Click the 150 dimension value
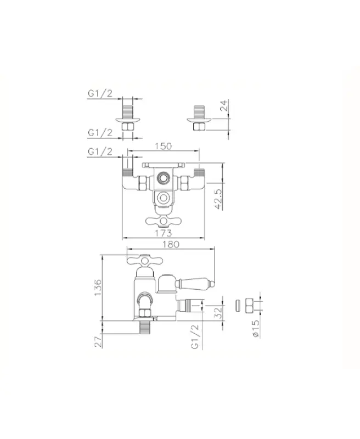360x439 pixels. (163, 146)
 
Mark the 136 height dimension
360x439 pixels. (98, 288)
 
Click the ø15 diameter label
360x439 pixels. (256, 330)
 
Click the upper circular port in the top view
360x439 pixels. (162, 178)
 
